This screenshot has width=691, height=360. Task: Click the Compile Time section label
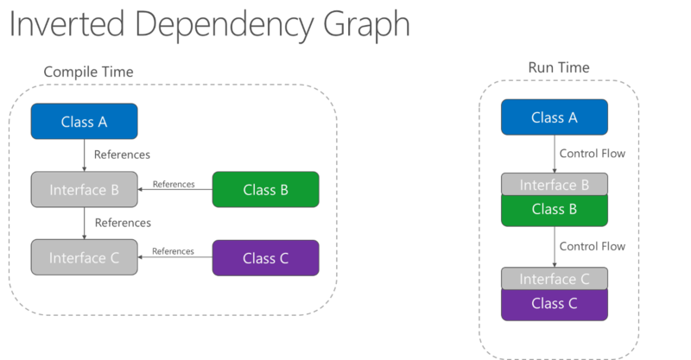90,72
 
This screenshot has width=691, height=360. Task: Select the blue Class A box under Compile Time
84,122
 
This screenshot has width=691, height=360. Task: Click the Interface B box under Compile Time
84,189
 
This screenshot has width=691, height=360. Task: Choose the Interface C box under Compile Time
84,257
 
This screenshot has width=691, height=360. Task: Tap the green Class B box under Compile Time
265,189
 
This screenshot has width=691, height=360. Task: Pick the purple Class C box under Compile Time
265,257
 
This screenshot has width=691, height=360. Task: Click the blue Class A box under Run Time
555,117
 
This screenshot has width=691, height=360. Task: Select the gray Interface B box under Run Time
555,185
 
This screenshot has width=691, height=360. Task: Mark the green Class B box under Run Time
555,209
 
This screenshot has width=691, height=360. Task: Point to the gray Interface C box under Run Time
555,279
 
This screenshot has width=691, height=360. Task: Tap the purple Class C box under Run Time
555,304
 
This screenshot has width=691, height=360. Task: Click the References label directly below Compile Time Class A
123,155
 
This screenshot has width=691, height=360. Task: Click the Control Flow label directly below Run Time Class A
592,155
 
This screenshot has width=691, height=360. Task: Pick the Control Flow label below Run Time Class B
592,246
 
